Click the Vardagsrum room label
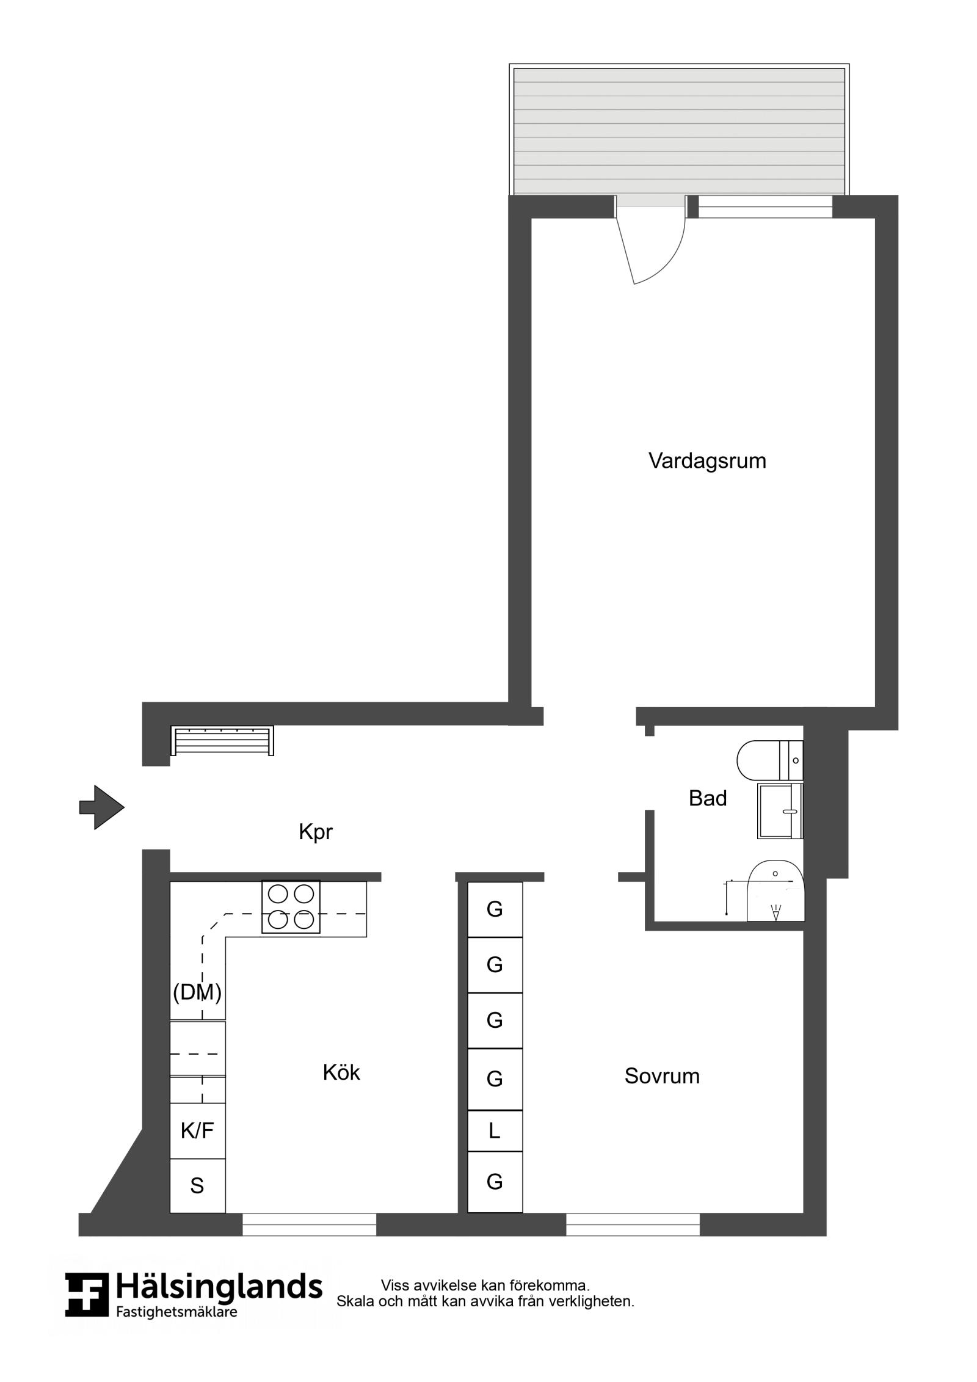coord(706,460)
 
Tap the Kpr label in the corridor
coord(315,832)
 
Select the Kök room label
coord(341,1072)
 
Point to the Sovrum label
coord(662,1075)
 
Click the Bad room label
coord(708,798)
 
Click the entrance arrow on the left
coord(102,807)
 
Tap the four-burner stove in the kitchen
coord(291,906)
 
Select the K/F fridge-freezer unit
coord(197,1131)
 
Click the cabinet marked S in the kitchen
coord(197,1186)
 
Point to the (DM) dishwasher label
coord(197,992)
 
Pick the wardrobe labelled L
coord(495,1131)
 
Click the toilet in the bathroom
coord(770,760)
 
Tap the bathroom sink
coord(780,811)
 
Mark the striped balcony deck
coord(679,131)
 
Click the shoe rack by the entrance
coord(222,740)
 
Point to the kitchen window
coord(309,1224)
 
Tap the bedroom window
coord(633,1224)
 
